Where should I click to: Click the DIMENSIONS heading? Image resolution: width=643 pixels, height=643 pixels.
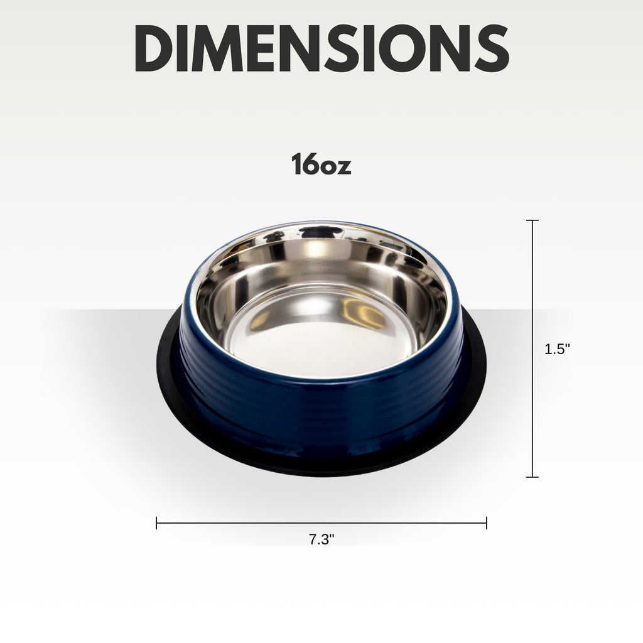322,48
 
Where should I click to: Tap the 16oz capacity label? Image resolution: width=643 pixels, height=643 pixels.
321,164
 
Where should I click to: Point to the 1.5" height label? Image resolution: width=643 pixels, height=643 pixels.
558,349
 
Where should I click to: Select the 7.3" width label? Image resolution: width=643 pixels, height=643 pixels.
321,539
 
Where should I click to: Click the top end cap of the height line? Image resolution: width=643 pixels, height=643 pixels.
532,220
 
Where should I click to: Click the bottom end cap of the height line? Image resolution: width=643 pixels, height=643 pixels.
532,477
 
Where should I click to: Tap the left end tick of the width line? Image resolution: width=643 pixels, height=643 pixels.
156,523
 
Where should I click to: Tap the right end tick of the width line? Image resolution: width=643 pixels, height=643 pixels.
487,523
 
